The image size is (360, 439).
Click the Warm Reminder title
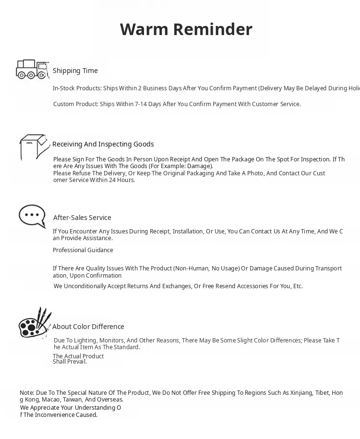point(186,29)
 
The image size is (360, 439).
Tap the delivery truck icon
point(32,69)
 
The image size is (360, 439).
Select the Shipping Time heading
point(75,71)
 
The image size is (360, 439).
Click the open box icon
point(34,146)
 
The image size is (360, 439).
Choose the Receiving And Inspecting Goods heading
point(103,144)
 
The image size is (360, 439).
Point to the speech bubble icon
point(32,217)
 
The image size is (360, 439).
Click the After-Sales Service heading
point(82,218)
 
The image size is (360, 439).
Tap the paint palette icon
point(35,323)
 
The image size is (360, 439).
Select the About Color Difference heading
point(88,327)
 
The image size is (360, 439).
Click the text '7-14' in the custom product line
point(141,104)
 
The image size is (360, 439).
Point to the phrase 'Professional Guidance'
point(83,250)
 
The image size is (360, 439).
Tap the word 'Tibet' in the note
point(322,393)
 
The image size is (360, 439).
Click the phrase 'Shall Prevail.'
point(70,362)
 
